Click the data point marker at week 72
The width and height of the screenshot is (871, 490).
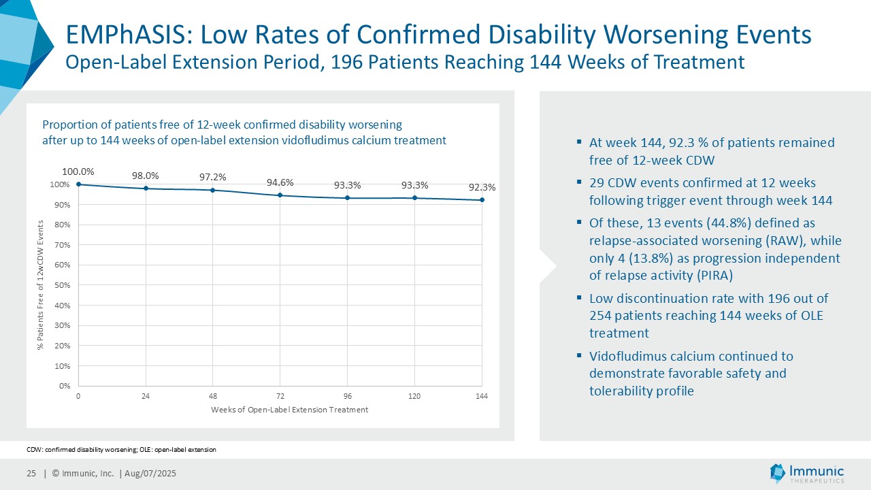280,195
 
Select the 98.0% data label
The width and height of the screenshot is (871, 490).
146,175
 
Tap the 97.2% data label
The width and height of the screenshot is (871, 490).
213,177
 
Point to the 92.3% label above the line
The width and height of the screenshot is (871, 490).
482,186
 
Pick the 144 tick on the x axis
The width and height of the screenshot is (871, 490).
482,396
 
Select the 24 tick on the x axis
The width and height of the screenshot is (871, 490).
146,396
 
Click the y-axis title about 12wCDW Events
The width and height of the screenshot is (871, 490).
40,285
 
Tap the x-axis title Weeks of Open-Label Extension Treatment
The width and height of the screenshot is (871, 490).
289,410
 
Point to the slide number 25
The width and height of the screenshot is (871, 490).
31,474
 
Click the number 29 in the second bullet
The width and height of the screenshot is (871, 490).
597,183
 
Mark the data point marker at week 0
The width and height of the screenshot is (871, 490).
79,184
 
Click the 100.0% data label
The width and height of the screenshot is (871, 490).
78,171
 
